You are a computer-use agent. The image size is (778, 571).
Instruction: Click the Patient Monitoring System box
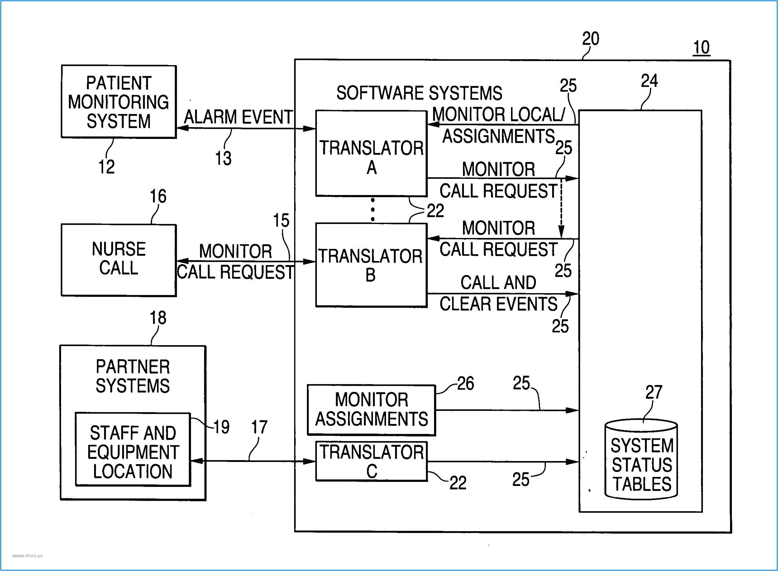point(118,102)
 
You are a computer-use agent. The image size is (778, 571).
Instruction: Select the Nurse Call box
point(118,259)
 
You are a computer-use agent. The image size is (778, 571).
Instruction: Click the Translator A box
point(371,154)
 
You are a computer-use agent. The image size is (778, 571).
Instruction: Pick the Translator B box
point(371,265)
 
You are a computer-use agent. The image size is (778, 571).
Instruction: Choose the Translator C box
point(371,461)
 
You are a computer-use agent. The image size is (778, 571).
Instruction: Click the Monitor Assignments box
point(371,410)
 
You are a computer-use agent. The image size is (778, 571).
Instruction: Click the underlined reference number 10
point(701,47)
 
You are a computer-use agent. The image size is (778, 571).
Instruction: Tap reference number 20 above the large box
point(590,38)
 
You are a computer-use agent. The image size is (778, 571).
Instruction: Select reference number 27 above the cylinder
point(654,392)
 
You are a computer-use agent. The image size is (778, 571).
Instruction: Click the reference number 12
point(107,167)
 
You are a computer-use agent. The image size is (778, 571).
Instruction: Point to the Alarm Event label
point(238,117)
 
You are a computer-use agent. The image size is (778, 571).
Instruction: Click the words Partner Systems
point(133,376)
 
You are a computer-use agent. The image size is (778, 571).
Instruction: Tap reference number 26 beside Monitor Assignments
point(465,383)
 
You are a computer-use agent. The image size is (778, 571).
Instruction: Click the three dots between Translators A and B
point(373,209)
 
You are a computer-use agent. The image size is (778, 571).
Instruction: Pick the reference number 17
point(259,427)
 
